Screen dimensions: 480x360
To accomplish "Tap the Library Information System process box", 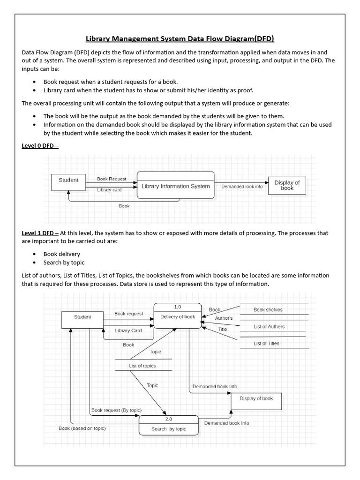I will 175,186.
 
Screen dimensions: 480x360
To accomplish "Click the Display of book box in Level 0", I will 287,185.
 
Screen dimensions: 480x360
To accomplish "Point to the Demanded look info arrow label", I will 241,187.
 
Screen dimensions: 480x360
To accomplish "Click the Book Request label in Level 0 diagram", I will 112,179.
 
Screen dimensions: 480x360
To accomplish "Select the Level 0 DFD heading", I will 40,146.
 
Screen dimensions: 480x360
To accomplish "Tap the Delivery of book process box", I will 178,317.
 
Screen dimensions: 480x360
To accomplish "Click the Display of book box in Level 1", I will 256,399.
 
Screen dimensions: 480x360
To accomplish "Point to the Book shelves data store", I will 268,310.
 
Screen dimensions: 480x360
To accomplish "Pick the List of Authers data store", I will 269,327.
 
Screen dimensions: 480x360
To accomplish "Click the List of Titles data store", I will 266,344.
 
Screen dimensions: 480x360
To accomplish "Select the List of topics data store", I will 142,366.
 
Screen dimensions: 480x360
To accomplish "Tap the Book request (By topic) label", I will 116,410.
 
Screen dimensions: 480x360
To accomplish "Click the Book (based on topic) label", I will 82,428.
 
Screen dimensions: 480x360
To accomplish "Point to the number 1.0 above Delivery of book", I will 178,307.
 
